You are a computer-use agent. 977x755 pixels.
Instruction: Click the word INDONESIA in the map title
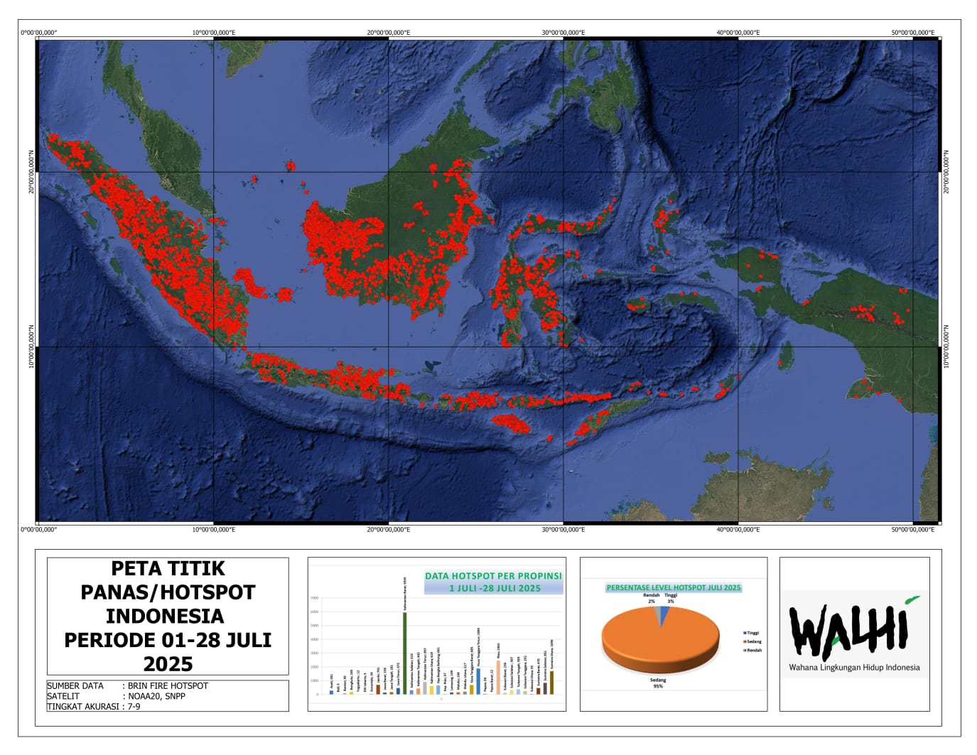point(165,616)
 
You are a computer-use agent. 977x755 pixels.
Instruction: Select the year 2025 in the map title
point(168,664)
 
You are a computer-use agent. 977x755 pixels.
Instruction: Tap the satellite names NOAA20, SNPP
point(156,697)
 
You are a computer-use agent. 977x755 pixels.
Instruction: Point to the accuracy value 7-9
point(134,707)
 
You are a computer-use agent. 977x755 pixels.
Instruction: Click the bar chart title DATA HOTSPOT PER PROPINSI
point(493,576)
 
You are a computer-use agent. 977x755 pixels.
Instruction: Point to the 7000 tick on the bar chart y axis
point(314,598)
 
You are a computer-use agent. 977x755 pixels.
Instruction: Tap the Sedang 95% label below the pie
point(658,683)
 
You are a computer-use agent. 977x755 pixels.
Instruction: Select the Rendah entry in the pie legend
point(753,650)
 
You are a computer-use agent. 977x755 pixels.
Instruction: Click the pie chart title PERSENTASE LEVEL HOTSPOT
point(673,587)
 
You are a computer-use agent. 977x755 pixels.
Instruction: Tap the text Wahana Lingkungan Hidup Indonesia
point(854,668)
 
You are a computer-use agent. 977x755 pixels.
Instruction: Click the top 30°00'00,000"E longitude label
point(563,33)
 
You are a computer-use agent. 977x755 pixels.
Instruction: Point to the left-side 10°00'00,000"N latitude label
point(31,347)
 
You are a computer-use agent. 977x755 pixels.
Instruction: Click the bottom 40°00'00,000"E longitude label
point(738,529)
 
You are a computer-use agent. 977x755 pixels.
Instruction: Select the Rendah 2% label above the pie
point(651,598)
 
